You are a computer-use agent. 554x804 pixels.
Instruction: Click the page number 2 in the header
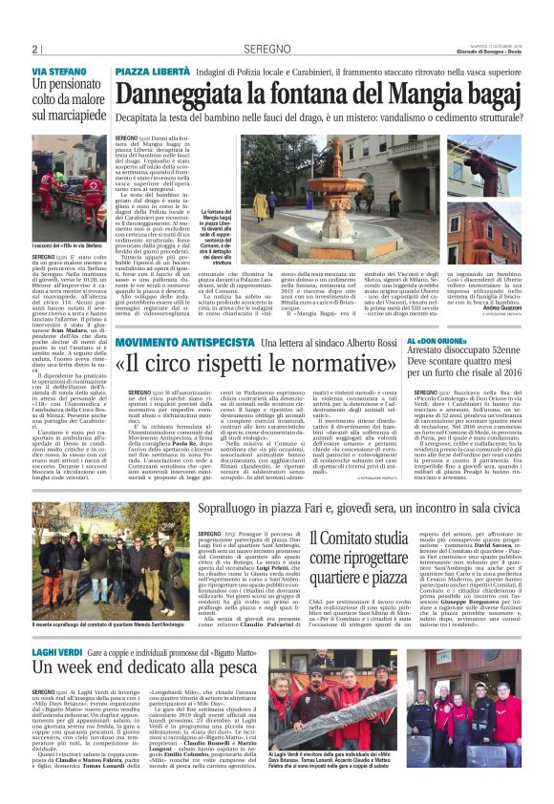[34, 49]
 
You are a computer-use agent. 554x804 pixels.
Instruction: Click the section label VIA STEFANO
[58, 73]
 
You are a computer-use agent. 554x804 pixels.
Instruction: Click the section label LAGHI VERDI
[56, 624]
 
